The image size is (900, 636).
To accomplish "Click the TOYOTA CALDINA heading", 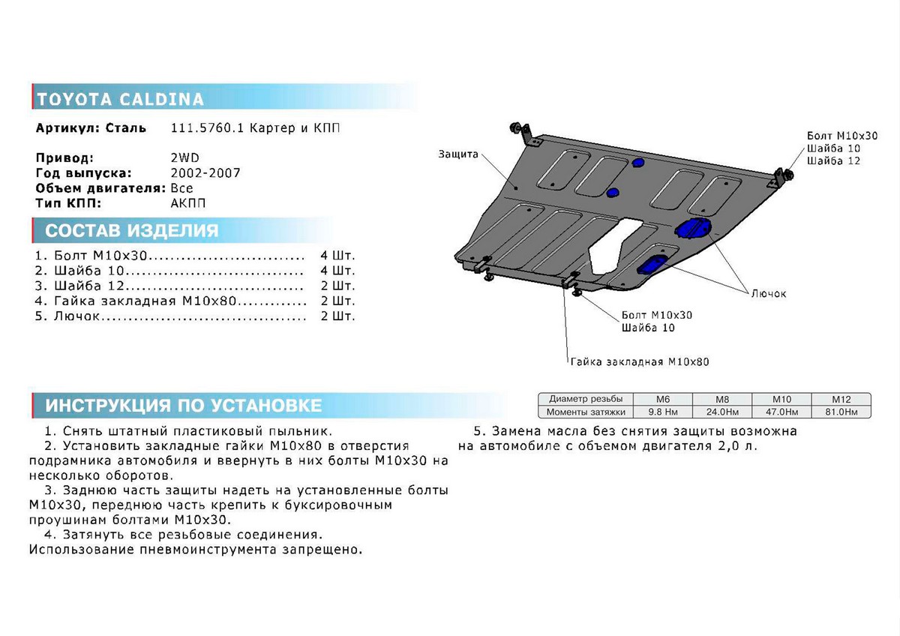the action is (120, 99).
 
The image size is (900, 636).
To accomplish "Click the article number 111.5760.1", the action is (207, 127).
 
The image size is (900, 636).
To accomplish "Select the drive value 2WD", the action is (184, 157).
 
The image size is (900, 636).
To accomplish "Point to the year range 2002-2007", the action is (205, 172).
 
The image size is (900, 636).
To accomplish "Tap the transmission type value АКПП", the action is (188, 203).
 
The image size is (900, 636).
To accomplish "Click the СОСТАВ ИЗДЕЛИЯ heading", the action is (132, 230).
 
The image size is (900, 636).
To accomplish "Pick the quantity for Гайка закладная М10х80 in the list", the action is (337, 301).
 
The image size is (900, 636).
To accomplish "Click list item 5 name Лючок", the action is (76, 316).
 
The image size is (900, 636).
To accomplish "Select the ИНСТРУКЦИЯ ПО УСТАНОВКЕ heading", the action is (184, 405).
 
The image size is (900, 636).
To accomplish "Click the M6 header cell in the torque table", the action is (663, 399).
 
